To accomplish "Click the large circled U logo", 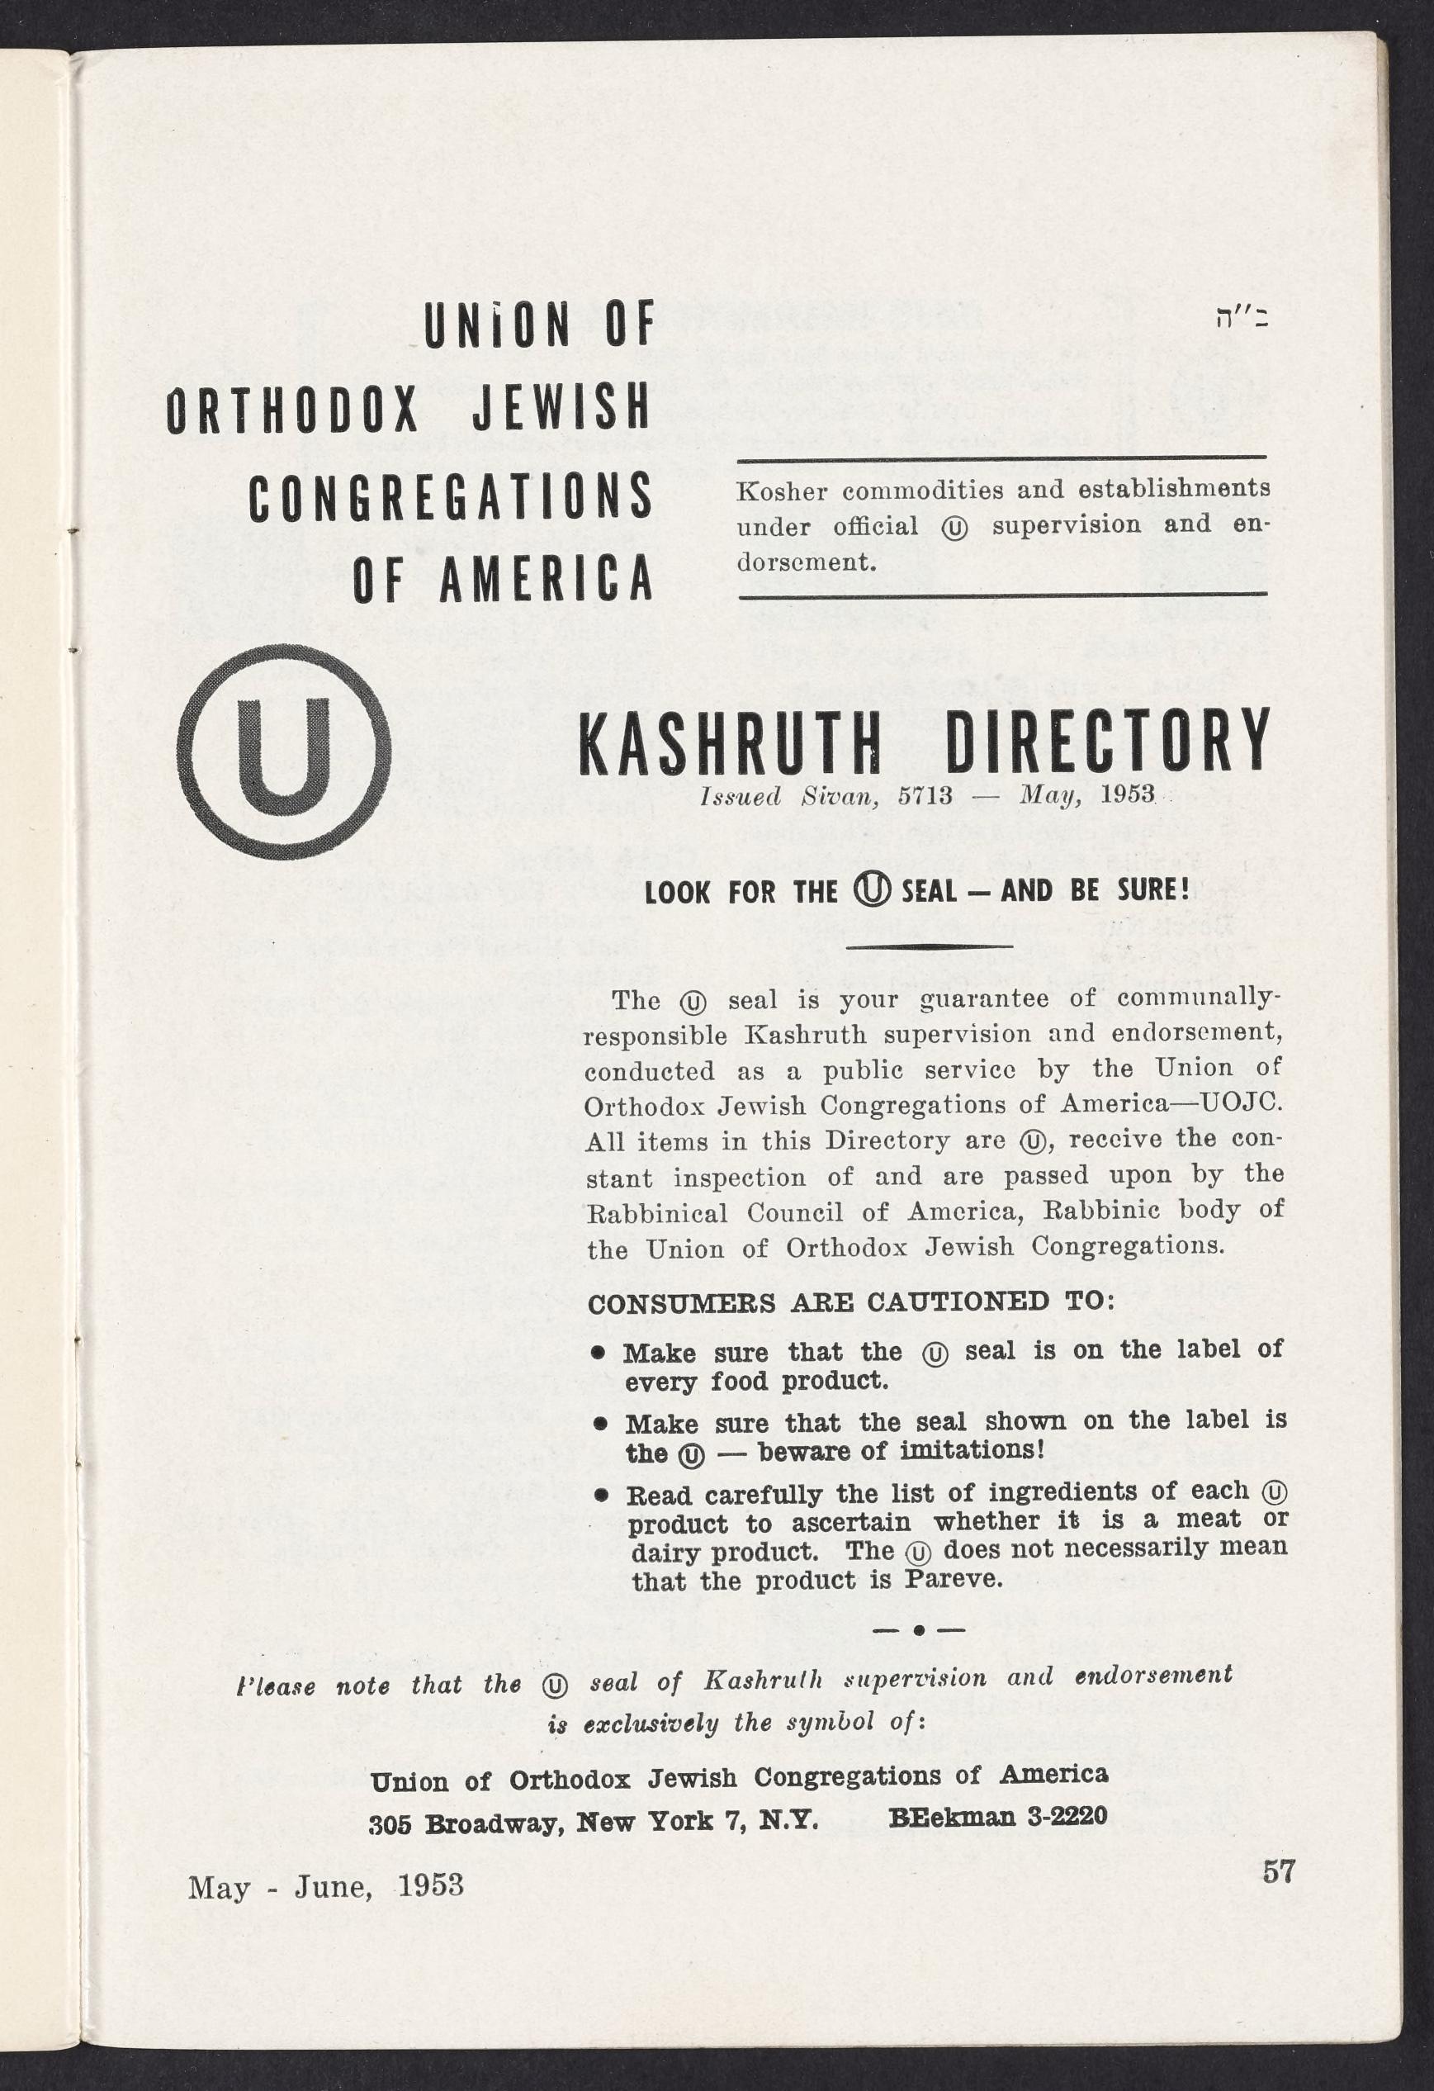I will pyautogui.click(x=284, y=752).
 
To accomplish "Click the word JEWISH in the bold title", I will pyautogui.click(x=561, y=409).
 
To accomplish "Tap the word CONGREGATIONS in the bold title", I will pyautogui.click(x=450, y=495).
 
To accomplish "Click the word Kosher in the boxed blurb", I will pyautogui.click(x=781, y=492).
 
